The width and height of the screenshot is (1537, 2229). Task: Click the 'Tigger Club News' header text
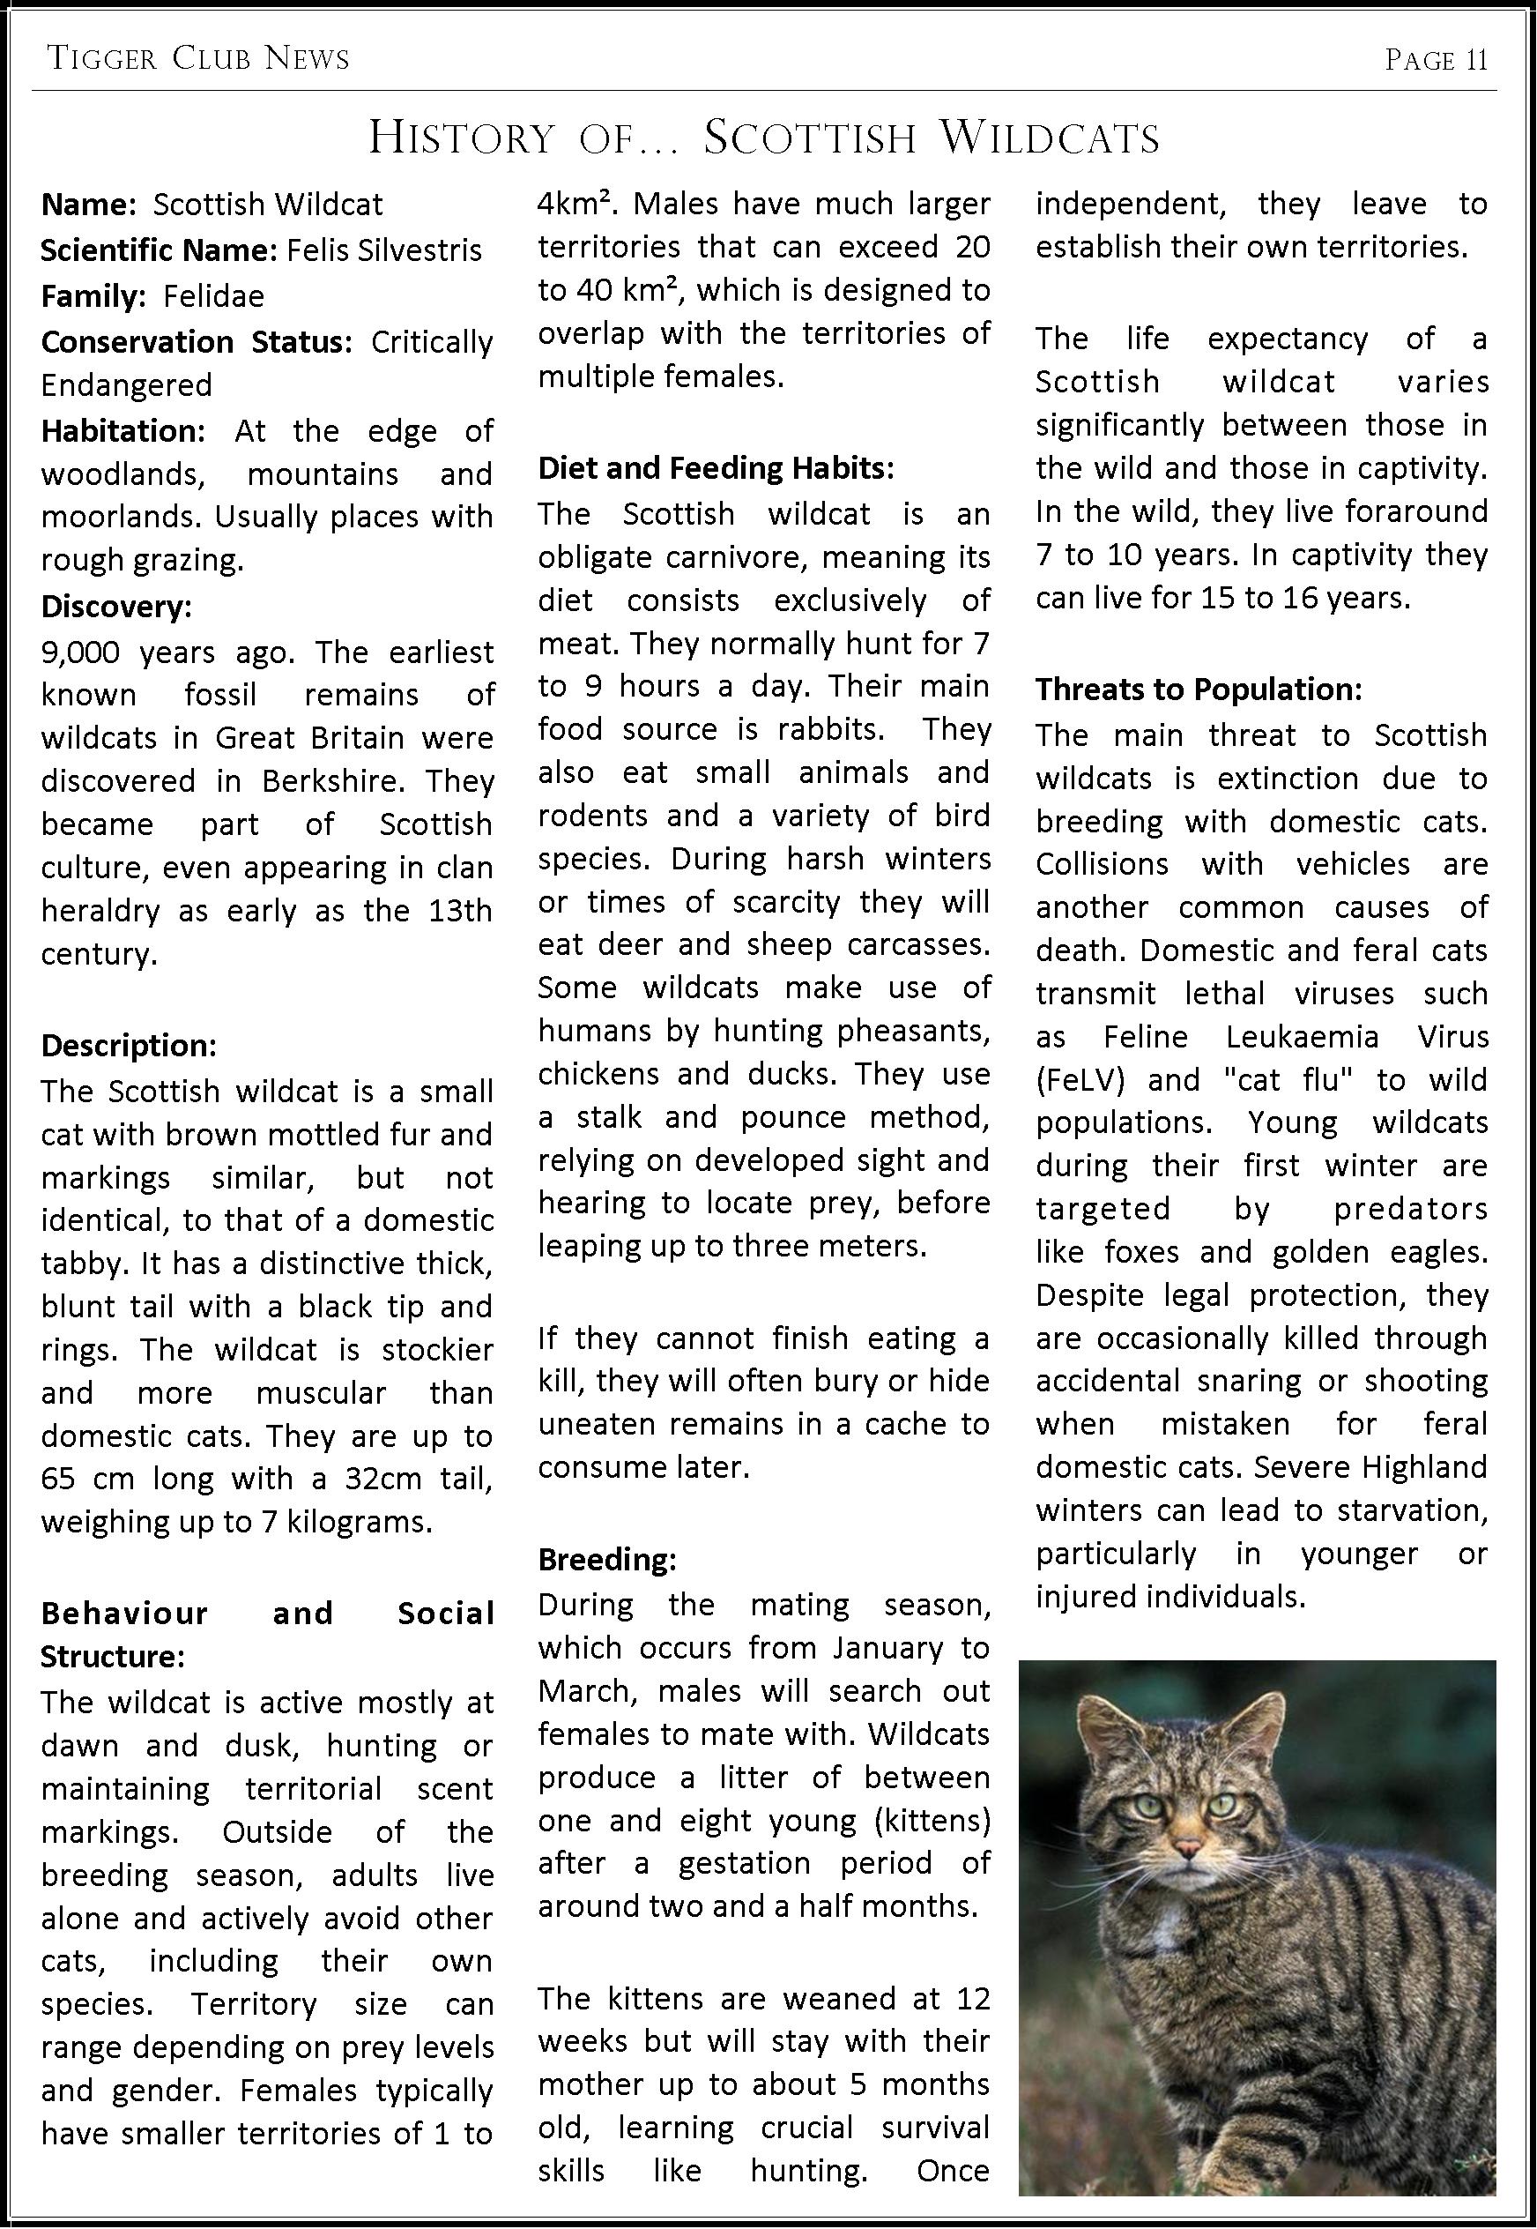pyautogui.click(x=198, y=60)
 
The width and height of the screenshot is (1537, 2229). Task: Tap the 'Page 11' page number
pyautogui.click(x=1436, y=61)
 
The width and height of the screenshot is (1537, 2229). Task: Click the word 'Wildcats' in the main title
pyautogui.click(x=1050, y=138)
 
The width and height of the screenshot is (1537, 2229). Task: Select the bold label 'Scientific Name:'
pyautogui.click(x=159, y=250)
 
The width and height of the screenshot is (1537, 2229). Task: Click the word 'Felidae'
pyautogui.click(x=214, y=295)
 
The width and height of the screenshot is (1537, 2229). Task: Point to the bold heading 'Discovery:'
pyautogui.click(x=116, y=606)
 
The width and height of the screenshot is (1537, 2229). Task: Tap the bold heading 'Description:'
pyautogui.click(x=129, y=1045)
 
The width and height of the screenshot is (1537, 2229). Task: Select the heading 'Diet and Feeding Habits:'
pyautogui.click(x=717, y=468)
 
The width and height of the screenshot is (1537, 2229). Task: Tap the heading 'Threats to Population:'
pyautogui.click(x=1199, y=689)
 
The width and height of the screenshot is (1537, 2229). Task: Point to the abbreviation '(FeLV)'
pyautogui.click(x=1080, y=1081)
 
